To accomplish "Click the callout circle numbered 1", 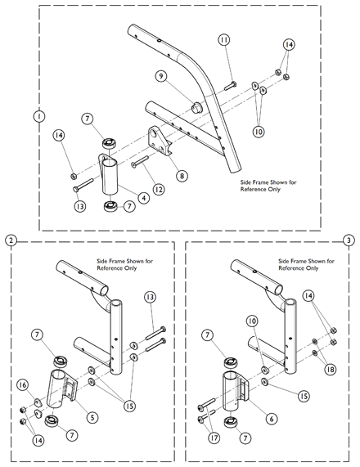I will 37,116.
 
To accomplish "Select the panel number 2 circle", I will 10,240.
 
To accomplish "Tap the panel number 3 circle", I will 349,240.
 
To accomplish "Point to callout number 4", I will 143,196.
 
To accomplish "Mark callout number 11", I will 223,39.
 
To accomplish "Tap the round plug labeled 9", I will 196,106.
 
